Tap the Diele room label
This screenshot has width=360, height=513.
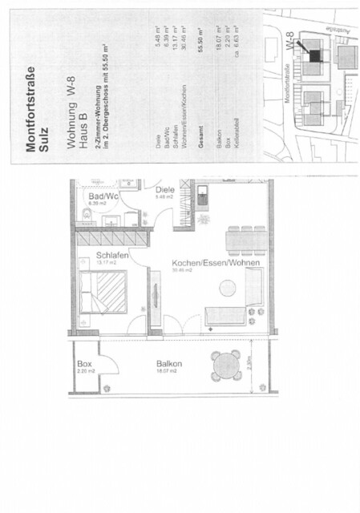pyautogui.click(x=165, y=190)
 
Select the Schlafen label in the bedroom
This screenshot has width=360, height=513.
pyautogui.click(x=92, y=254)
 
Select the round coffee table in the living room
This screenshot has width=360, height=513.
pyautogui.click(x=229, y=286)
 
